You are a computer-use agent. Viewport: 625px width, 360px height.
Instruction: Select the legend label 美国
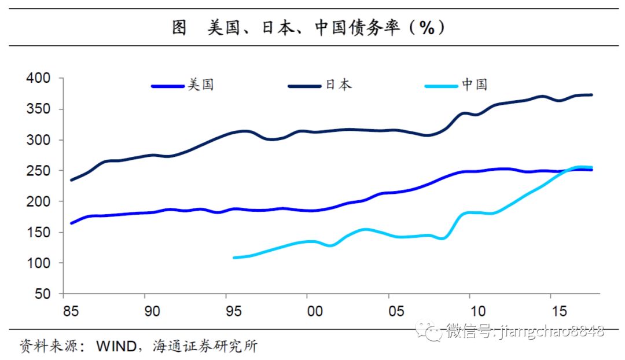pyautogui.click(x=201, y=85)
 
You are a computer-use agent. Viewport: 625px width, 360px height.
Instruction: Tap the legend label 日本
pyautogui.click(x=338, y=85)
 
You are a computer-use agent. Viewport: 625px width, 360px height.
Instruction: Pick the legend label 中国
pyautogui.click(x=475, y=85)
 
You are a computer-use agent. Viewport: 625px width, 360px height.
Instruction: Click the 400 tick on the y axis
pyautogui.click(x=39, y=78)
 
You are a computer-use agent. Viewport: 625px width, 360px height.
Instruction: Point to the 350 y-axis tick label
pyautogui.click(x=39, y=109)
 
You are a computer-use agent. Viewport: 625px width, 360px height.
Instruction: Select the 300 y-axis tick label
pyautogui.click(x=39, y=140)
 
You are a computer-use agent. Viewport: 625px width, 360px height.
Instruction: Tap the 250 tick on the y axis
pyautogui.click(x=39, y=171)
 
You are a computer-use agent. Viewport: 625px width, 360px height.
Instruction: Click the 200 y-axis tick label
pyautogui.click(x=39, y=201)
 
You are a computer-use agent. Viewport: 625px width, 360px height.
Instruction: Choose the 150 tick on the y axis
pyautogui.click(x=39, y=232)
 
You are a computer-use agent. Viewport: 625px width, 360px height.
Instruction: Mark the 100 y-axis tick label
pyautogui.click(x=39, y=263)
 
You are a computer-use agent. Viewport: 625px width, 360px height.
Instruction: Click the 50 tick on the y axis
pyautogui.click(x=43, y=294)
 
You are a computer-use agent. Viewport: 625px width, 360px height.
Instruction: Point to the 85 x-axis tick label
pyautogui.click(x=71, y=311)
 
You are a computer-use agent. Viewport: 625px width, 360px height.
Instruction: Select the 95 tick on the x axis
pyautogui.click(x=233, y=311)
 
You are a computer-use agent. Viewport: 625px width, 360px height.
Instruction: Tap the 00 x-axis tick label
pyautogui.click(x=314, y=311)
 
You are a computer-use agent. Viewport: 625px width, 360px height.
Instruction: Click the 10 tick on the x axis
pyautogui.click(x=477, y=311)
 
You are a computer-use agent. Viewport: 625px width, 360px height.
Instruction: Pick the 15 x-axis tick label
pyautogui.click(x=558, y=311)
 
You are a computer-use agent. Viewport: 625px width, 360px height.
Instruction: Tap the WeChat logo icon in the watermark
pyautogui.click(x=432, y=332)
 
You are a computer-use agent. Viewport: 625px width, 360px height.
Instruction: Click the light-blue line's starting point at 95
pyautogui.click(x=234, y=258)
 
